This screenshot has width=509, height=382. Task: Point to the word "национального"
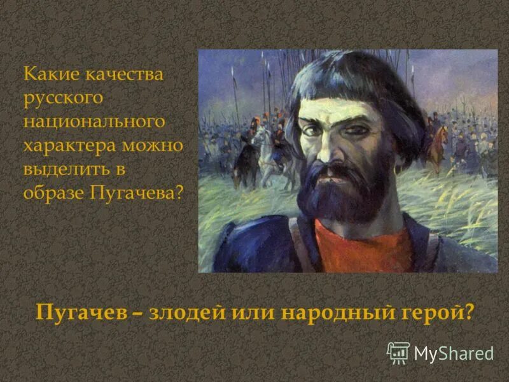(x=94, y=122)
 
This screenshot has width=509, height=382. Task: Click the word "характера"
(x=69, y=145)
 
